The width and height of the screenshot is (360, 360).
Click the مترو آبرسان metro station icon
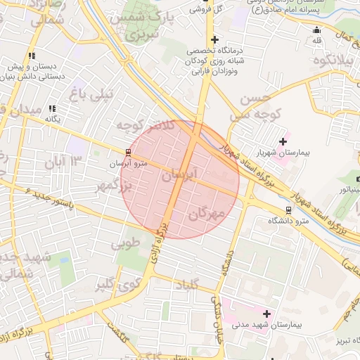coord(128,152)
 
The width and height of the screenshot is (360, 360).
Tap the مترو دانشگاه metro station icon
coord(288,210)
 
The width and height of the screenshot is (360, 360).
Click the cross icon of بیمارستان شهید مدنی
coord(266,314)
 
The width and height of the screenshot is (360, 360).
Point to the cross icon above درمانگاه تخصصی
coord(214,39)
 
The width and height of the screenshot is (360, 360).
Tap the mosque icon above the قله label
coord(316,30)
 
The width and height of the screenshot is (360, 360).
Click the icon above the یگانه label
coord(52,108)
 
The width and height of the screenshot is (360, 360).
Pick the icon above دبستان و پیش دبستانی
coord(32,56)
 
